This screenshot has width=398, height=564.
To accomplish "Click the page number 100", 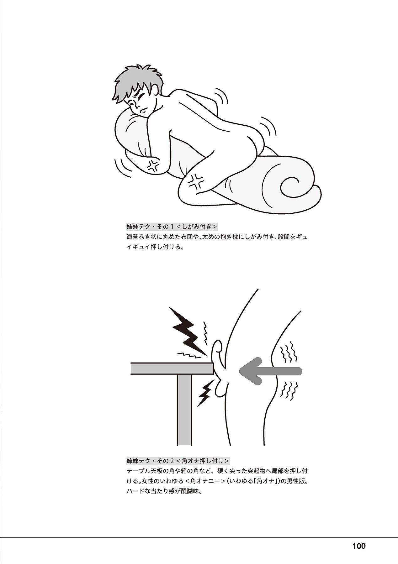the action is (359, 546).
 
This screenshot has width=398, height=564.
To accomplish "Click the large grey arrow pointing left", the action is (270, 371).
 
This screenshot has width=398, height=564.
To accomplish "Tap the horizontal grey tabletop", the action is (172, 368).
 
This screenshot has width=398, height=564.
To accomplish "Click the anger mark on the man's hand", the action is (153, 165).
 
